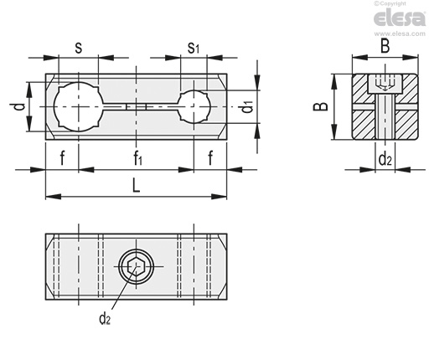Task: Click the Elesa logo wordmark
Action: [x=400, y=18]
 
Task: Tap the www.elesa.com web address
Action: [x=400, y=33]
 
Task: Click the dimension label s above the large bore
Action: [x=79, y=48]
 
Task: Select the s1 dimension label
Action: [x=194, y=48]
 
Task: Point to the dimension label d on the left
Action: [x=20, y=106]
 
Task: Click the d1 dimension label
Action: [x=247, y=107]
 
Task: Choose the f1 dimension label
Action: [x=138, y=158]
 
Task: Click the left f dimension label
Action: [x=62, y=157]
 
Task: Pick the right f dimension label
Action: [x=210, y=157]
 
